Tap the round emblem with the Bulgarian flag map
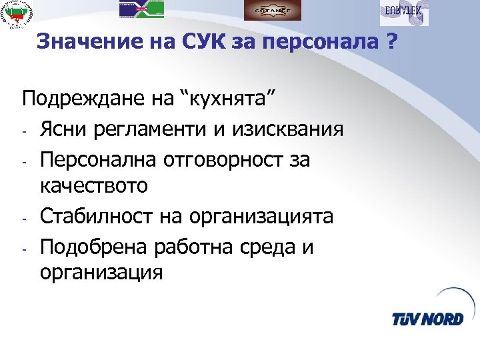20,15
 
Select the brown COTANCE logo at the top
272,10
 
